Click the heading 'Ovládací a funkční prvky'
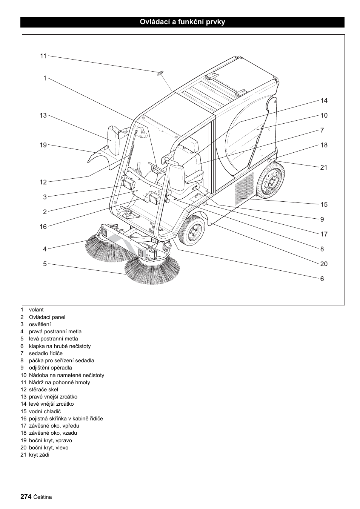click(x=182, y=22)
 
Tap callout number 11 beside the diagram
click(x=43, y=56)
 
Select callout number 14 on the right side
click(x=324, y=101)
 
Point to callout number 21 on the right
click(x=324, y=167)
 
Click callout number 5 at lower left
click(x=45, y=264)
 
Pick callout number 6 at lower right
click(x=322, y=279)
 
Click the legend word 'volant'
click(x=36, y=310)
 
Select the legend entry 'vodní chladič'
click(x=45, y=411)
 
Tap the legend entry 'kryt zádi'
click(x=39, y=455)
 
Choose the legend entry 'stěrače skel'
click(x=43, y=389)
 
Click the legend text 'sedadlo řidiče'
click(x=46, y=353)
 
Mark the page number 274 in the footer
click(x=26, y=497)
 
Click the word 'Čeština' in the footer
click(x=43, y=497)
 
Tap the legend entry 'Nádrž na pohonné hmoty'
click(x=59, y=382)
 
